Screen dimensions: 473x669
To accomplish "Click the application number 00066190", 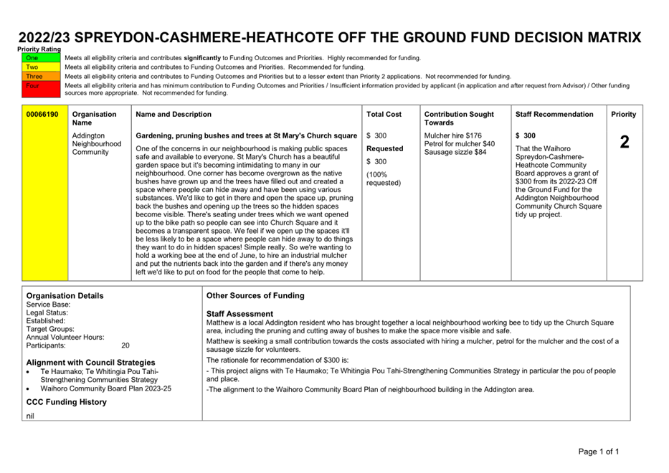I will pyautogui.click(x=42, y=114).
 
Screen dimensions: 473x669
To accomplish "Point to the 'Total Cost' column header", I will pyautogui.click(x=384, y=114).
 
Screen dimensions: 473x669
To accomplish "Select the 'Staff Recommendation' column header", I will pyautogui.click(x=554, y=114).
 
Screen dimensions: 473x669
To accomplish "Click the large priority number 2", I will pyautogui.click(x=624, y=142).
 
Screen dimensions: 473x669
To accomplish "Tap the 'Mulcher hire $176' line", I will pyautogui.click(x=453, y=135).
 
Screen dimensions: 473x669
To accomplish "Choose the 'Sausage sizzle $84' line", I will pyautogui.click(x=455, y=153).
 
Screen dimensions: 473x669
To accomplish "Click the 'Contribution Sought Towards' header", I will pyautogui.click(x=459, y=118).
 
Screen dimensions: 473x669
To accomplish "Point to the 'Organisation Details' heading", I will pyautogui.click(x=65, y=295).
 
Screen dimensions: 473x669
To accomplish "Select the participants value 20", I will pyautogui.click(x=125, y=345).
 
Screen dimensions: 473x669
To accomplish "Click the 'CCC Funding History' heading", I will pyautogui.click(x=66, y=402).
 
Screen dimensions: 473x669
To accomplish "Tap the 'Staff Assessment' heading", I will pyautogui.click(x=239, y=314).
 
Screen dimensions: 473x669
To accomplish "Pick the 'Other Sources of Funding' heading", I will pyautogui.click(x=255, y=295).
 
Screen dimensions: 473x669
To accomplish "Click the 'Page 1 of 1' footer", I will pyautogui.click(x=599, y=451).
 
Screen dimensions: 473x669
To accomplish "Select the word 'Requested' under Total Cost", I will pyautogui.click(x=385, y=148).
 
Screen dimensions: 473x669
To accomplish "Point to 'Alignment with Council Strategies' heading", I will pyautogui.click(x=90, y=363).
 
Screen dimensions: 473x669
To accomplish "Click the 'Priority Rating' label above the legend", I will pyautogui.click(x=39, y=49).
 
